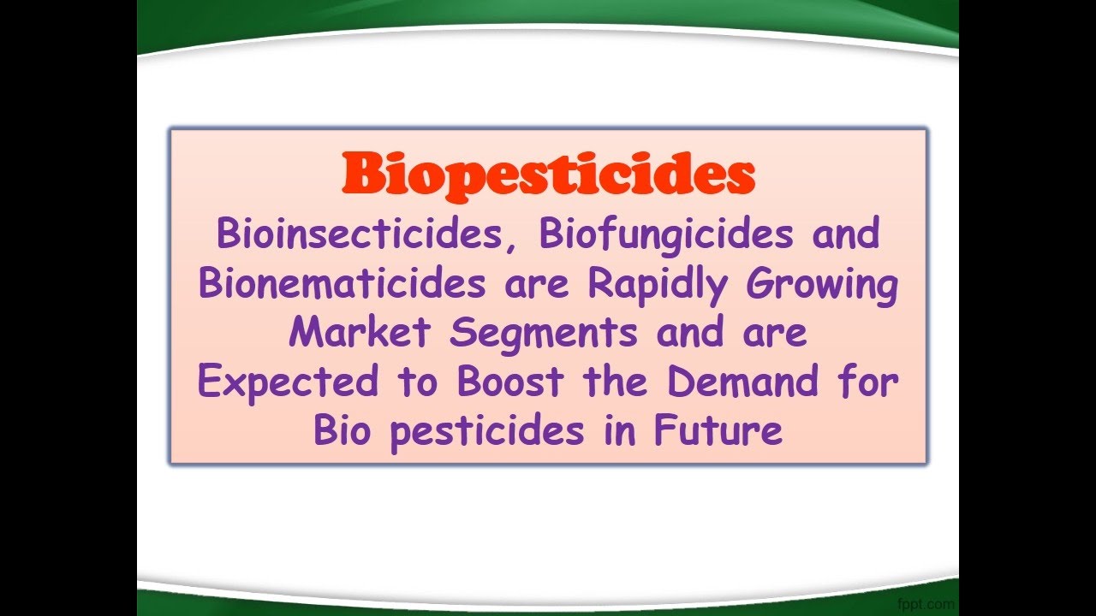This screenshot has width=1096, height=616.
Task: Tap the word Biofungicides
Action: click(665, 234)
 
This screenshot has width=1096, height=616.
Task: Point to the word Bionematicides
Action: click(342, 283)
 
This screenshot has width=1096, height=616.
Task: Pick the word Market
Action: click(359, 332)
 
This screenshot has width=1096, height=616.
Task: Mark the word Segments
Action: click(544, 334)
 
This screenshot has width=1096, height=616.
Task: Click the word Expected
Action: click(287, 382)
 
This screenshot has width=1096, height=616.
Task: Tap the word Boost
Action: click(510, 382)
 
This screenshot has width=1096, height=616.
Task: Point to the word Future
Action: click(718, 430)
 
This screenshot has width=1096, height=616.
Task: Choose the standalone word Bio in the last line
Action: click(342, 430)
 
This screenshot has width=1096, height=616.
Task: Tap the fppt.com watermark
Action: click(926, 604)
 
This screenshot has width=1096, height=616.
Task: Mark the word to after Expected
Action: click(416, 382)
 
